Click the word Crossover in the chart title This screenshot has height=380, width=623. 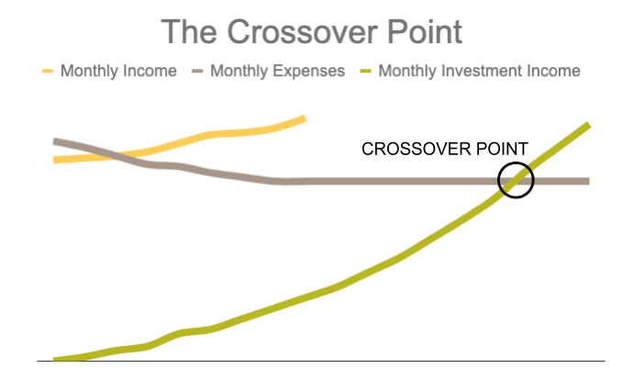[x=303, y=32]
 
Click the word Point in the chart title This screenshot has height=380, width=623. [x=425, y=32]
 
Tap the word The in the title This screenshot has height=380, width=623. [x=189, y=32]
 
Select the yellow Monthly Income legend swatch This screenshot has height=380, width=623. [x=48, y=72]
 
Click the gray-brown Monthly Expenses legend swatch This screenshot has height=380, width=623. [x=197, y=72]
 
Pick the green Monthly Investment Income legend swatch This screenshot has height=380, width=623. [x=365, y=72]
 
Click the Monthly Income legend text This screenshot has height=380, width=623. [x=118, y=72]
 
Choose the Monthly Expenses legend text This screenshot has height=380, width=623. [x=277, y=72]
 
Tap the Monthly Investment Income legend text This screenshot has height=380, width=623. [x=479, y=72]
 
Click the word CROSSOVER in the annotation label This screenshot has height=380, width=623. [x=417, y=149]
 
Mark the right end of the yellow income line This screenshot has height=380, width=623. [x=305, y=118]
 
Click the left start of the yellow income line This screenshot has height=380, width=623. [x=54, y=160]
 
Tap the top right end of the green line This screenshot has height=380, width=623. [x=589, y=125]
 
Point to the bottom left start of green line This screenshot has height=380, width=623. [x=54, y=360]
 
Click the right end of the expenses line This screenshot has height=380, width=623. [x=589, y=181]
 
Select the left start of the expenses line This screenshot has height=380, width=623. [x=54, y=141]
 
